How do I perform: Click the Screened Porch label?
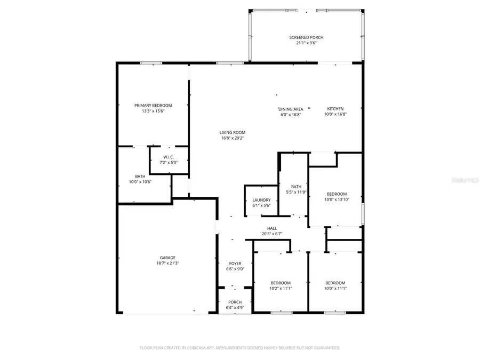306,37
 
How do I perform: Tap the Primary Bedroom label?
153,106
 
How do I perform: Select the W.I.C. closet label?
169,157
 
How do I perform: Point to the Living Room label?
233,132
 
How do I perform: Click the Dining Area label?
291,109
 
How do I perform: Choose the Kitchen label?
335,109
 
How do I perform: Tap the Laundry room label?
261,200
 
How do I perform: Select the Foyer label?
235,263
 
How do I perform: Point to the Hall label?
272,228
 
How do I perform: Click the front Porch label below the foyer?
235,302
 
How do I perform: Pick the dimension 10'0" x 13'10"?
337,199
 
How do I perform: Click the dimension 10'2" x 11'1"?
281,288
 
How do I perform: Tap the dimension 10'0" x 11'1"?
336,288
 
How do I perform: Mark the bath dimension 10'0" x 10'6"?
140,182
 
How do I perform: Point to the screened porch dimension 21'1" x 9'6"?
306,43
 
